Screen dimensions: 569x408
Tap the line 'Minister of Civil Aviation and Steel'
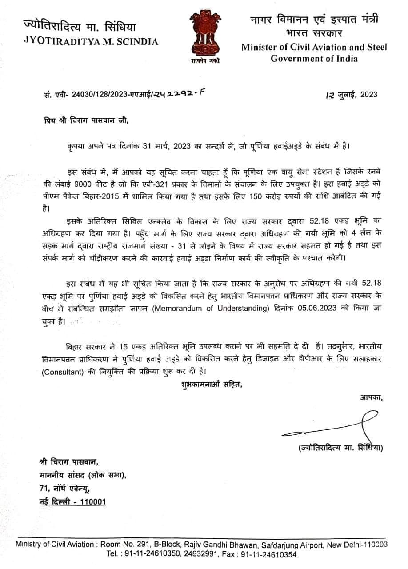tap(315, 48)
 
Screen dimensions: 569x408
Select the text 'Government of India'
tap(314, 59)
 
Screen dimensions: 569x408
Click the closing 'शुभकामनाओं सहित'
tap(212, 383)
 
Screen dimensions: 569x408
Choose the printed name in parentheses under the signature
tap(340, 448)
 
